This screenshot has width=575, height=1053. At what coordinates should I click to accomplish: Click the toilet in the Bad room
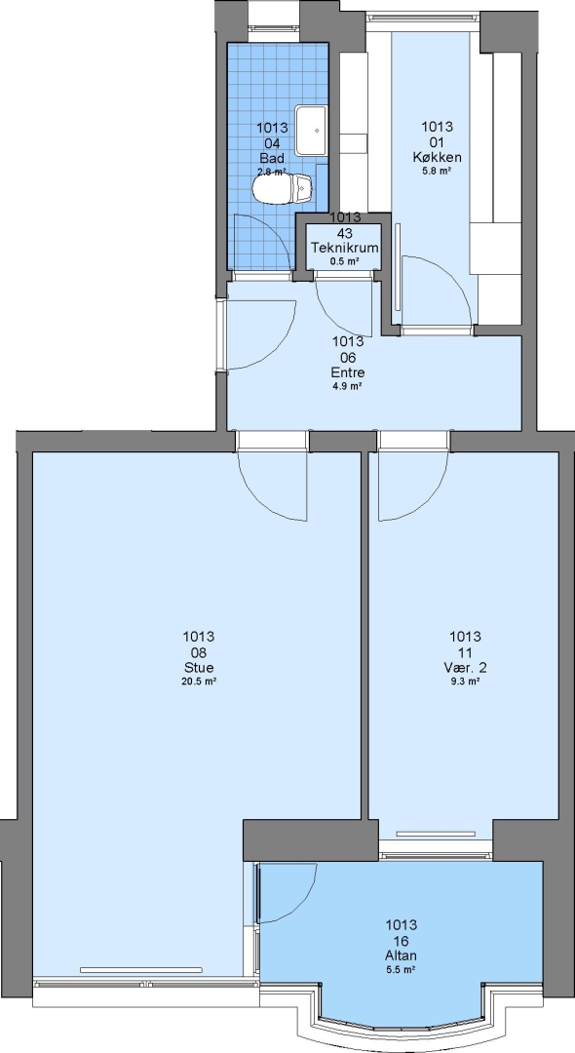pyautogui.click(x=283, y=189)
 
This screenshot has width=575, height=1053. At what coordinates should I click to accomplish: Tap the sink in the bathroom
pyautogui.click(x=311, y=130)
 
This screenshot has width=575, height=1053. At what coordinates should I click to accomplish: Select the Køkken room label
pyautogui.click(x=437, y=158)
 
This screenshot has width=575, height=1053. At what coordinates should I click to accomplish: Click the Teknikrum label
pyautogui.click(x=344, y=248)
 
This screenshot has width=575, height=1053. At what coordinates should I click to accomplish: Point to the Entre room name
pyautogui.click(x=348, y=372)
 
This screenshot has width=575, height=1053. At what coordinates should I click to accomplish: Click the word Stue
pyautogui.click(x=199, y=668)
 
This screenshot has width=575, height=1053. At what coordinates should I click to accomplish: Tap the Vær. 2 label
pyautogui.click(x=465, y=668)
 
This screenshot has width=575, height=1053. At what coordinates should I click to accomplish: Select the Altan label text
pyautogui.click(x=402, y=955)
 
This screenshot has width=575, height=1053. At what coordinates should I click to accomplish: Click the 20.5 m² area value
pyautogui.click(x=199, y=681)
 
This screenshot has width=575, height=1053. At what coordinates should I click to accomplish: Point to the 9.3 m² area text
pyautogui.click(x=465, y=681)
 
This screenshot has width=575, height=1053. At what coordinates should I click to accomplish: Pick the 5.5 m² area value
pyautogui.click(x=402, y=970)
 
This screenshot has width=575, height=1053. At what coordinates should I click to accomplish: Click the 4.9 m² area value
pyautogui.click(x=348, y=386)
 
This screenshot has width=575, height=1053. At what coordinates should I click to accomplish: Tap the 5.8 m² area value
pyautogui.click(x=437, y=172)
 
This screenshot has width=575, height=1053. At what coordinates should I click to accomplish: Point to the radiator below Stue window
pyautogui.click(x=141, y=970)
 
